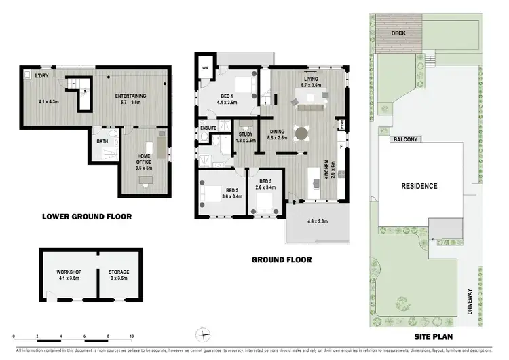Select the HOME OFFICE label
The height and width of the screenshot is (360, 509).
143,158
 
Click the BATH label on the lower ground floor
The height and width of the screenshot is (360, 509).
102,141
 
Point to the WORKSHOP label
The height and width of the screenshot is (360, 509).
69,272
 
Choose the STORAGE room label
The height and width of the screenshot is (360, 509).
119,272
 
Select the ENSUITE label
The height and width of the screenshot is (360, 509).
208,128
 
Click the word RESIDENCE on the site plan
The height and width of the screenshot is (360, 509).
419,186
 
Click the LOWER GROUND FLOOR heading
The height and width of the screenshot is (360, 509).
87,217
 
